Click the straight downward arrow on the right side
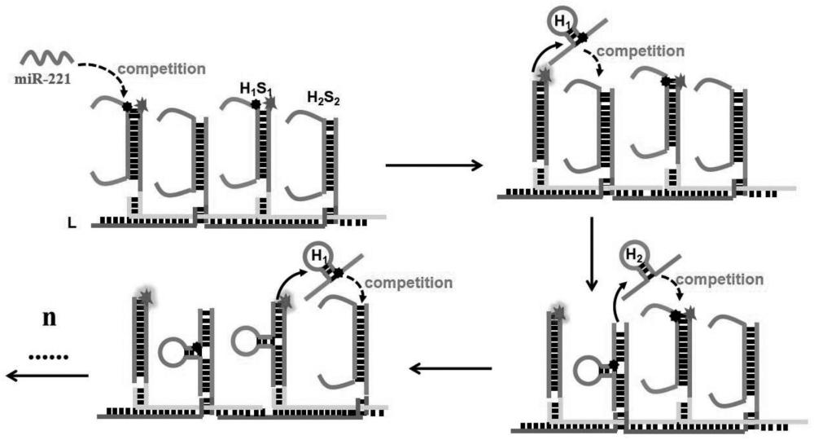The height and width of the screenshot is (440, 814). pyautogui.click(x=593, y=253)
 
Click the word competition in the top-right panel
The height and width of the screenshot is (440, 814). pyautogui.click(x=639, y=51)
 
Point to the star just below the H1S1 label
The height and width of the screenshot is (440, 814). pyautogui.click(x=269, y=103)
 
